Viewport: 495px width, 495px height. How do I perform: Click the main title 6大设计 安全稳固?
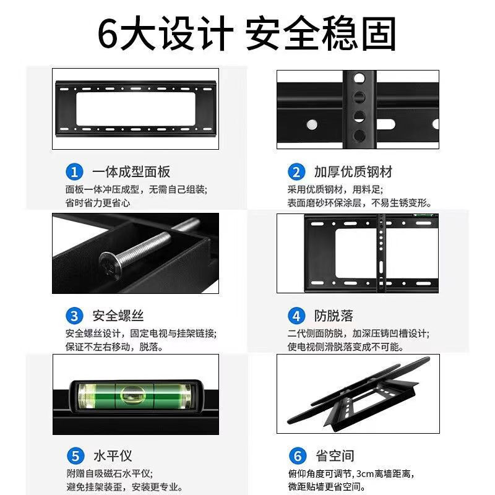pos(247,33)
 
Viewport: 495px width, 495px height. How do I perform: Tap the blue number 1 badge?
pos(74,172)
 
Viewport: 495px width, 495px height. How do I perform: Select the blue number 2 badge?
pos(296,172)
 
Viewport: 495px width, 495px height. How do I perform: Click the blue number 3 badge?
pos(74,316)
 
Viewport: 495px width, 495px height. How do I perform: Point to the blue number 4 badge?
pos(296,316)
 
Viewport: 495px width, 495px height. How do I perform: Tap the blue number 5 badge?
pos(75,456)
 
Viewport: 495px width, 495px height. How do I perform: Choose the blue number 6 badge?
pos(298,456)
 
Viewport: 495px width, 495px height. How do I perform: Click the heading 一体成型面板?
pos(131,172)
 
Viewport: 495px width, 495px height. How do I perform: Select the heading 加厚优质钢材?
pos(353,172)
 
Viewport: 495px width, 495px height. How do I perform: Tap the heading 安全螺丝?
pos(118,316)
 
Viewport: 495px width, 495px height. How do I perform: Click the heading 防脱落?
pos(334,316)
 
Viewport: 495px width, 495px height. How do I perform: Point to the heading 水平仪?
pos(113,456)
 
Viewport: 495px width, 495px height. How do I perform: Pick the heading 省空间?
pos(335,456)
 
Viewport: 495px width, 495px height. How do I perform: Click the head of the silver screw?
pos(110,266)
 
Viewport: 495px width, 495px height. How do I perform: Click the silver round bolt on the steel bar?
pos(312,124)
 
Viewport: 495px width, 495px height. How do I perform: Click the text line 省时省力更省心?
pos(98,203)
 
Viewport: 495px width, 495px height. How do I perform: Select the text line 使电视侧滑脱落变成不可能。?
pos(346,347)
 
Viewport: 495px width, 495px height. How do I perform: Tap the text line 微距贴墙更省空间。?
pos(327,486)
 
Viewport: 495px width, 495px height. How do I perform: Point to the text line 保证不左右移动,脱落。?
pos(114,347)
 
